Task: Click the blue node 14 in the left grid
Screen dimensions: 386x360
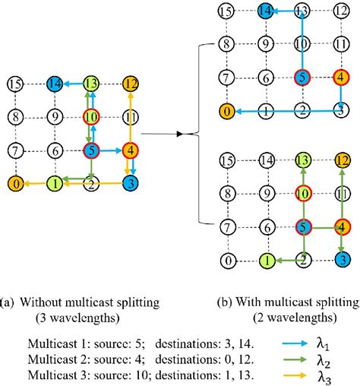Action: [x=54, y=84]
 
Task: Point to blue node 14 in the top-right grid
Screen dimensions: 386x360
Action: [x=264, y=11]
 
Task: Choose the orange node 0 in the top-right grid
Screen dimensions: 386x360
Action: [x=226, y=111]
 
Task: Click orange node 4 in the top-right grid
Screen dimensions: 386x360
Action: [x=342, y=77]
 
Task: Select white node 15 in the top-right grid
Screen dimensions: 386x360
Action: [x=226, y=11]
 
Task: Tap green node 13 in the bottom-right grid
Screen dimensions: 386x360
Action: [x=303, y=160]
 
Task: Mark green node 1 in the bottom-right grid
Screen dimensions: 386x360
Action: [x=264, y=260]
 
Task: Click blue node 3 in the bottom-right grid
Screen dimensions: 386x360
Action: [x=342, y=260]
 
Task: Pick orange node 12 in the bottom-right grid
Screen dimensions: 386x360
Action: [x=342, y=160]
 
